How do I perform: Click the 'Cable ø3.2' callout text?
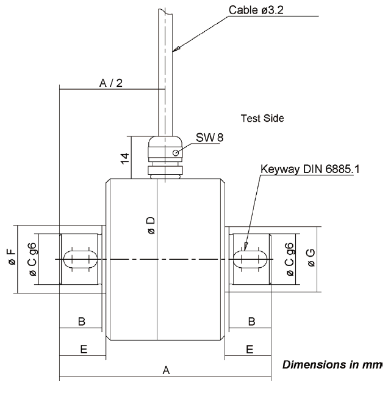[257, 10]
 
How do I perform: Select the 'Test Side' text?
[262, 117]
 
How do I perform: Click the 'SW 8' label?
[210, 138]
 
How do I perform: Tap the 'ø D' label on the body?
[151, 225]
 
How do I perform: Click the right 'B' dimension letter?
[250, 322]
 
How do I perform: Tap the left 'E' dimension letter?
[83, 349]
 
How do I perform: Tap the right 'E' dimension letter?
[249, 349]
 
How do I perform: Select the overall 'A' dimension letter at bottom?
[165, 370]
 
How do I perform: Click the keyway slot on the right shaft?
[249, 259]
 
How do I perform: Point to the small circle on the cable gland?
[176, 153]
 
